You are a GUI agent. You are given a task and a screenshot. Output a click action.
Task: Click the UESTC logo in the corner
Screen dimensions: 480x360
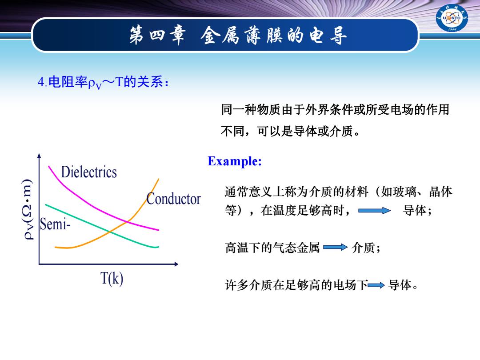452,18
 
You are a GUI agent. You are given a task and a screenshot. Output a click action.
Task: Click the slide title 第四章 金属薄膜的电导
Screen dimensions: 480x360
238,35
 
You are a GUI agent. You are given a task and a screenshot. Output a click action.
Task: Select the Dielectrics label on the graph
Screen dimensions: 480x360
89,172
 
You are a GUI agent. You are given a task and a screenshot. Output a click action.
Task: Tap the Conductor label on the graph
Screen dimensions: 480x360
174,199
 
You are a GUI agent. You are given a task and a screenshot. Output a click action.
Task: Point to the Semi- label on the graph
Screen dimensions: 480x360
55,224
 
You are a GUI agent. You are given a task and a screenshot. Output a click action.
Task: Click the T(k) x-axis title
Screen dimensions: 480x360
112,279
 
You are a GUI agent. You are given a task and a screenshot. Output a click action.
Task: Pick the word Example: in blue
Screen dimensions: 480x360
235,161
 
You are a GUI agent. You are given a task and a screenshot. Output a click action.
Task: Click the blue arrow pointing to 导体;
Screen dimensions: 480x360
374,211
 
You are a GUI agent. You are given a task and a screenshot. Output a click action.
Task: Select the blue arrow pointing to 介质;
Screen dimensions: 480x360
335,247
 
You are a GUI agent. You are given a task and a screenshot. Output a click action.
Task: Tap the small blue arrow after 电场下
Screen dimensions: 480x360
376,285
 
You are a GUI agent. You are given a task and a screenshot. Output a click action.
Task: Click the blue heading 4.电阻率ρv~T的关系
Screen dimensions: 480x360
103,82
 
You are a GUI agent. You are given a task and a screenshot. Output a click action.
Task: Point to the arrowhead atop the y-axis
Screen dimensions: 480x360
39,156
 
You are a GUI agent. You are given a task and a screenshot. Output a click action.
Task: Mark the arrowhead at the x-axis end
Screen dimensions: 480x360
176,264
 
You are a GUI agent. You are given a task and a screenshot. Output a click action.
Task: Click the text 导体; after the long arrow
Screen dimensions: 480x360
417,211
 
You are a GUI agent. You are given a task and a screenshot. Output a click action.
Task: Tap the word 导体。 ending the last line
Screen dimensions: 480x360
403,285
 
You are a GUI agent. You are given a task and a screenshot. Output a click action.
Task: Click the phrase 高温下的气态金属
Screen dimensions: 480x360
272,248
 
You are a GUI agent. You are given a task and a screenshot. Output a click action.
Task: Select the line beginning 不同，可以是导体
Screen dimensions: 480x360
290,131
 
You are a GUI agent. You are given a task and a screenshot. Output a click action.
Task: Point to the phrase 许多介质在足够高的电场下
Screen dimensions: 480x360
296,285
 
